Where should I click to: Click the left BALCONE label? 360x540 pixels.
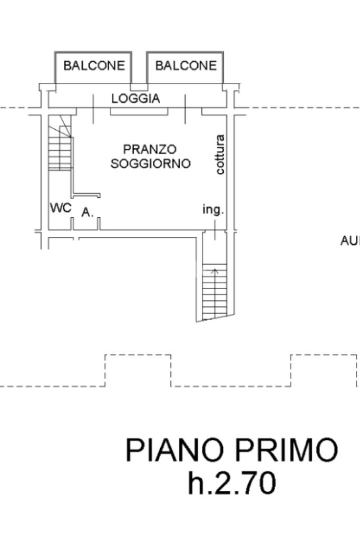coord(94,65)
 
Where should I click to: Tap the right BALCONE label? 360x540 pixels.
coord(186,65)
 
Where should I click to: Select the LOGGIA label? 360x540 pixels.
coord(135,99)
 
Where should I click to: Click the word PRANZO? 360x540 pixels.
coord(150,149)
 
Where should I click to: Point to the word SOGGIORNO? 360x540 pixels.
coord(150,163)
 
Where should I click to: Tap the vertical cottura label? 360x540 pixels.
coord(220,155)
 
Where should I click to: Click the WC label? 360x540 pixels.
coord(61,208)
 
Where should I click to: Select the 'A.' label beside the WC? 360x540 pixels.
coord(87,213)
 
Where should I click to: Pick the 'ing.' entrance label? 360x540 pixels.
coord(213,209)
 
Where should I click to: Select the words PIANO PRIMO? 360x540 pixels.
coord(231,450)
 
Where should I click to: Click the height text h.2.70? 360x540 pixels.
coord(231,483)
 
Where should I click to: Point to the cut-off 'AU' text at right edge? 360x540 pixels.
coord(350,240)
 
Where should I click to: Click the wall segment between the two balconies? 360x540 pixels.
coord(139,87)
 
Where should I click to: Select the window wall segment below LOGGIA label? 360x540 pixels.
coord(139,111)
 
